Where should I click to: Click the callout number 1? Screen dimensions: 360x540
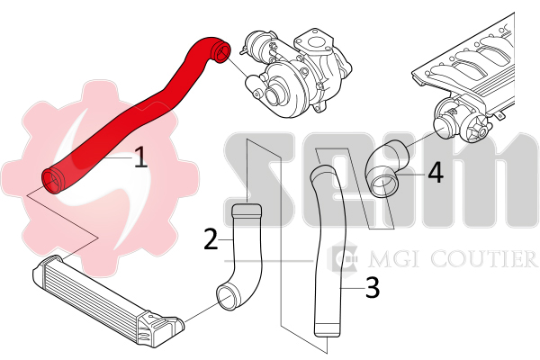(139, 159)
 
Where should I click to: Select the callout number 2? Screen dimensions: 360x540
(211, 238)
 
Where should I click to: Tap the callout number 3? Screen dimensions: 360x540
(373, 288)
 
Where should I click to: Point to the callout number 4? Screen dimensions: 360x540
(435, 172)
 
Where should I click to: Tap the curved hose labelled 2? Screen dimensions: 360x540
(241, 261)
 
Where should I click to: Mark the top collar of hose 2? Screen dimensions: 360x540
(246, 212)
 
